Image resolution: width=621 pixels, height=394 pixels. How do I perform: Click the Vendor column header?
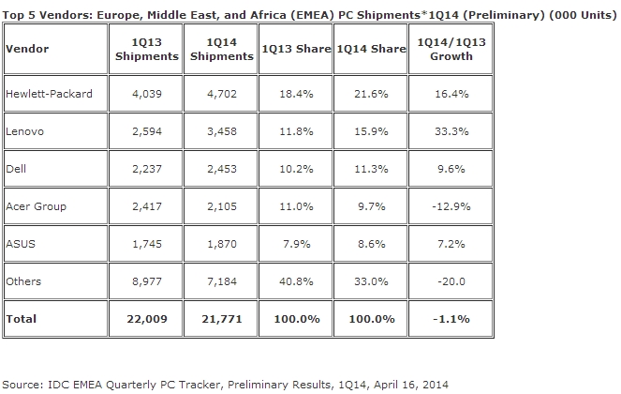coord(27,48)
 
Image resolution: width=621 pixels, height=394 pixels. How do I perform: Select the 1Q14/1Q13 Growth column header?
coord(451,48)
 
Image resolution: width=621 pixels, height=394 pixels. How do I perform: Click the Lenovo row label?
coord(25,131)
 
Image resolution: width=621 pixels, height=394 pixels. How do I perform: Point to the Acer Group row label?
coord(36,205)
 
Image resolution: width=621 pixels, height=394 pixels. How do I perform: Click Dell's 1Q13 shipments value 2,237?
coord(145,169)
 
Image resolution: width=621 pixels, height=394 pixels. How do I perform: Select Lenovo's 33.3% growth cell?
coord(451,131)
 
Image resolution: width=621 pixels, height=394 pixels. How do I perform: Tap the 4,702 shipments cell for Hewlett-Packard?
coord(220,95)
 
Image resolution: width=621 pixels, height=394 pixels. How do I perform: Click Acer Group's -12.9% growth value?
coord(451,205)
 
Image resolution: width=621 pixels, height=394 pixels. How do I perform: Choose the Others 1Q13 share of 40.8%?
coord(295,280)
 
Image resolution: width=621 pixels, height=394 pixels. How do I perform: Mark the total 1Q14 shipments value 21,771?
coord(220,319)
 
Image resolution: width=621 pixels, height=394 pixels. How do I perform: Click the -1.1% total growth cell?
coord(451,319)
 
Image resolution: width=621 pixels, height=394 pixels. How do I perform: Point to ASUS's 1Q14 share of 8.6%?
coord(372,243)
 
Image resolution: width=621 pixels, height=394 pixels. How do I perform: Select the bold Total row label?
coord(22,319)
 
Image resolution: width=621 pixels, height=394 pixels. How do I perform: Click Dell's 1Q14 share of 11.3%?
coord(372,169)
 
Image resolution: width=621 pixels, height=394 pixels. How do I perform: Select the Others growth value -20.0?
coord(451,280)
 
